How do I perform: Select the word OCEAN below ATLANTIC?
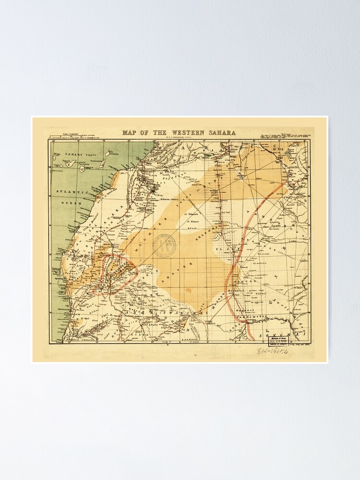(72, 204)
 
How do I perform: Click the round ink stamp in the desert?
(165, 245)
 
